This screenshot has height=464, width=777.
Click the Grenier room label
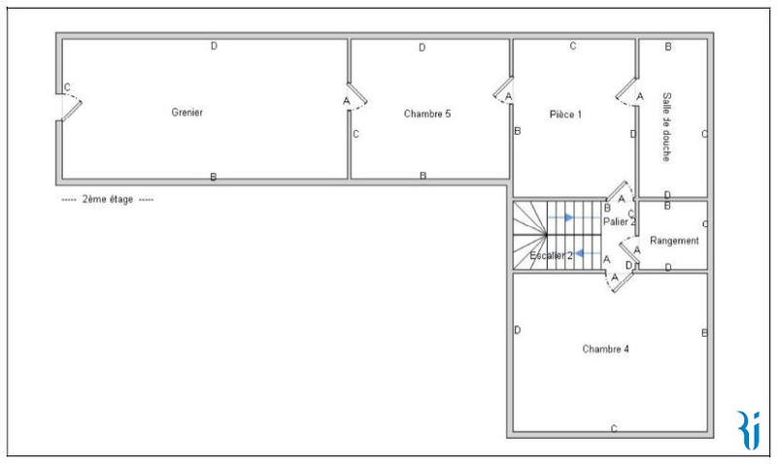(x=188, y=113)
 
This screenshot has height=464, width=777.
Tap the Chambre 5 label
(x=426, y=114)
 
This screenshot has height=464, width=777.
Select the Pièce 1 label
(x=564, y=114)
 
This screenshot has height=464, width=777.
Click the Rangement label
(x=674, y=240)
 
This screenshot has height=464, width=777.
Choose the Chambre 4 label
(x=606, y=348)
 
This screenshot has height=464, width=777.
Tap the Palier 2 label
(x=618, y=222)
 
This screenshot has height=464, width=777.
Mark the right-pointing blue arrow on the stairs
(x=562, y=217)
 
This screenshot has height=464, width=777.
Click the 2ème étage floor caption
(x=107, y=199)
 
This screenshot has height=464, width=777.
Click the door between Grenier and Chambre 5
(x=356, y=96)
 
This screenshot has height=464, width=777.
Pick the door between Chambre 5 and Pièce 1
(x=503, y=91)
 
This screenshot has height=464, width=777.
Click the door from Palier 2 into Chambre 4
(x=620, y=277)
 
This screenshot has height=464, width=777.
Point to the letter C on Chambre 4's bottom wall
(x=613, y=428)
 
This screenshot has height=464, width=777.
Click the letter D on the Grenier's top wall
(x=214, y=46)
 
